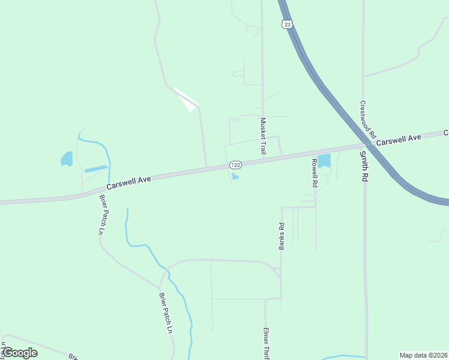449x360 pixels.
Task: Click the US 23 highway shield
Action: (288, 24)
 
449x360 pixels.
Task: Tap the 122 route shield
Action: (235, 164)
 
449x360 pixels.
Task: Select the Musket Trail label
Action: (262, 136)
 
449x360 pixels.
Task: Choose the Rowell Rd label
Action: (314, 173)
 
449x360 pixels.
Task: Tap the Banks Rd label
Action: (280, 236)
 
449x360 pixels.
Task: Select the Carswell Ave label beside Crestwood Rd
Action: (399, 139)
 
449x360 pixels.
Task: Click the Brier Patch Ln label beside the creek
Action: (166, 312)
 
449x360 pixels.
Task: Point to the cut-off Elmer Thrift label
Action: (265, 343)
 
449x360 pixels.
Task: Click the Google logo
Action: (20, 353)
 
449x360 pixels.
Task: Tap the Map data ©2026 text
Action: (423, 355)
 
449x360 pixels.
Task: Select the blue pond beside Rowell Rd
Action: (324, 161)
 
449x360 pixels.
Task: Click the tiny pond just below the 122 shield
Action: (235, 176)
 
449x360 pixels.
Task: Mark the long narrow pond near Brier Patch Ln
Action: (96, 169)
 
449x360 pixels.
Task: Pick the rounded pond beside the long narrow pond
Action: (67, 159)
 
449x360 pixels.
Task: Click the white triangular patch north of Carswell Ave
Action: (187, 101)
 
